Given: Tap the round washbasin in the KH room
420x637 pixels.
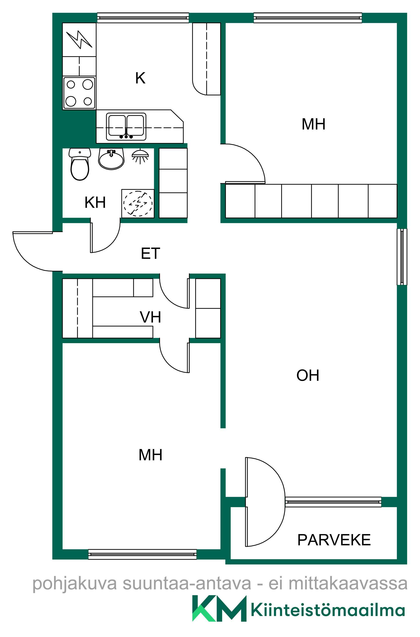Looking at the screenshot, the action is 111,160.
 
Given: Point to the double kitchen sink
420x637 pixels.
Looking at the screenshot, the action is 126,127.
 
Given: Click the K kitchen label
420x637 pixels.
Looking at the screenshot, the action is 140,78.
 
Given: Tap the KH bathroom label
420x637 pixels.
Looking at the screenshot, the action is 95,202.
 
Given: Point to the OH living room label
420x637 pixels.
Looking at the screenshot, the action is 308,375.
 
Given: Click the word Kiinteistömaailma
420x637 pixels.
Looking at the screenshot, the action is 328,611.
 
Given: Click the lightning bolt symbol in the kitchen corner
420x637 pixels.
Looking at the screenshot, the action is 79,40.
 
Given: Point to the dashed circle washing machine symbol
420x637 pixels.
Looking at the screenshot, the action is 138,203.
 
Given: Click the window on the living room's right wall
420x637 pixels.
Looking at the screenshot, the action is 402,257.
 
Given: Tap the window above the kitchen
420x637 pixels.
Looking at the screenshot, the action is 143,18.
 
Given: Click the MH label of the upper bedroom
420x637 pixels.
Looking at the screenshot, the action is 314,124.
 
